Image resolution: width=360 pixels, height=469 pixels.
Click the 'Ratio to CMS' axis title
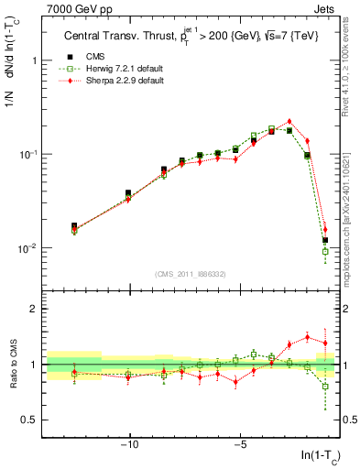click(x=11, y=365)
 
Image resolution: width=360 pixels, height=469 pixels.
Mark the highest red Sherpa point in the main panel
click(x=289, y=121)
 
